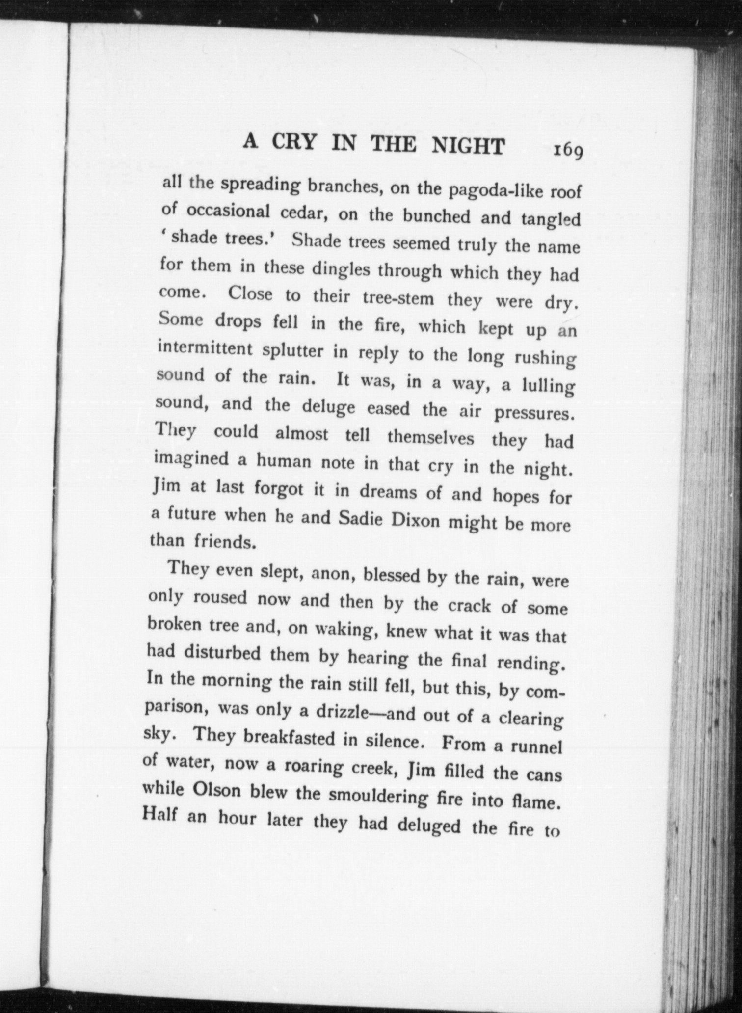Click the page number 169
point(568,150)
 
